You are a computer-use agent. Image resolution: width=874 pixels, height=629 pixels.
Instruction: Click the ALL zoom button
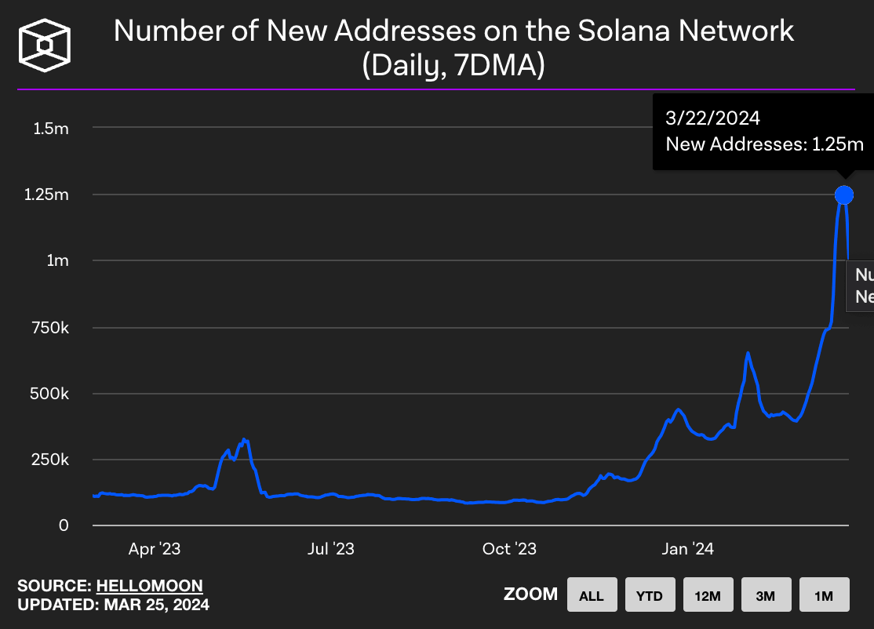tap(591, 595)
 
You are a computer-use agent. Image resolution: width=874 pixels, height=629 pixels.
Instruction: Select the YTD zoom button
tap(649, 595)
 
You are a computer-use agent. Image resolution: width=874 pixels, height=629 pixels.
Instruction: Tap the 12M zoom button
tap(707, 595)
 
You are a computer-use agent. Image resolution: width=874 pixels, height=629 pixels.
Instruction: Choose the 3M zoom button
tap(765, 595)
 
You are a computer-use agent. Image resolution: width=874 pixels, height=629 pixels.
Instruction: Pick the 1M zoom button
tap(823, 595)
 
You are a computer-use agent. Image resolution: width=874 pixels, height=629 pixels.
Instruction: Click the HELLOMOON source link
tap(149, 586)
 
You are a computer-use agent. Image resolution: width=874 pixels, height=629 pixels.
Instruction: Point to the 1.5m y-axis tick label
tap(51, 128)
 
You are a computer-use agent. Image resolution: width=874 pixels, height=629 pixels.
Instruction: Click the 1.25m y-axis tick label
tap(46, 194)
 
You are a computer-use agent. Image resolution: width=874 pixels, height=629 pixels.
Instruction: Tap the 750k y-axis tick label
tap(49, 327)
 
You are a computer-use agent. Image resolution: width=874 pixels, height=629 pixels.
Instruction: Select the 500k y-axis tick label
tap(49, 393)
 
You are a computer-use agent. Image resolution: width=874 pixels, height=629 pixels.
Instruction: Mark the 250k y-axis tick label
tap(49, 459)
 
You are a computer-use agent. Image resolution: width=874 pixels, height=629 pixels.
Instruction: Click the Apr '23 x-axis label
tap(155, 549)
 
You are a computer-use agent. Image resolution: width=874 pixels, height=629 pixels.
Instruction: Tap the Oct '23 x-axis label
tap(510, 549)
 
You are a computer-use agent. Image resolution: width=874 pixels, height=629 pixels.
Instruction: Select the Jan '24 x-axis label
tap(687, 549)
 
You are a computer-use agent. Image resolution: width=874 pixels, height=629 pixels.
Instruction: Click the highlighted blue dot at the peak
tap(844, 195)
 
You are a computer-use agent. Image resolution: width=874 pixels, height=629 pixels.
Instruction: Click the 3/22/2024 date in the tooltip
tap(712, 119)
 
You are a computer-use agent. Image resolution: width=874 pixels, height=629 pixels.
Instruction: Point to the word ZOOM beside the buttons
tap(530, 594)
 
